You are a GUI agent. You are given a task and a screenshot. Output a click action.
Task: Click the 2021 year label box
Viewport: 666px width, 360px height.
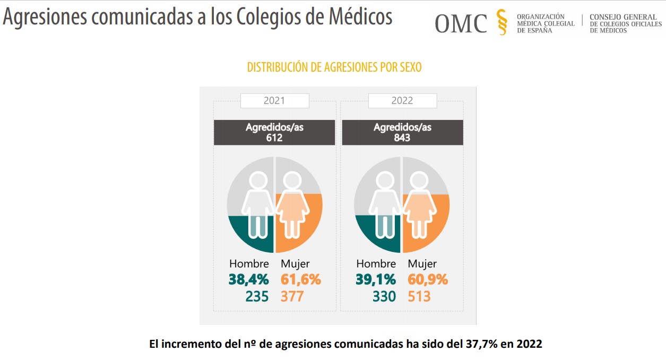coord(274,100)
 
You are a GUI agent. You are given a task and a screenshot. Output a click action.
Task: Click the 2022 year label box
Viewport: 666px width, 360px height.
coord(402,100)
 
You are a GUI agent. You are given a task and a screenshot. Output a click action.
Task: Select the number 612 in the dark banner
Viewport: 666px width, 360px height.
coord(274,138)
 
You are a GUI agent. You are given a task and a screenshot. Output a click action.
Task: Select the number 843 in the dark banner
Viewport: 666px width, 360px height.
coord(402,138)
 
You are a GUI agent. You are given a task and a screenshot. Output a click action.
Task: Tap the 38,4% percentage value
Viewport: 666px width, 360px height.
coord(248,279)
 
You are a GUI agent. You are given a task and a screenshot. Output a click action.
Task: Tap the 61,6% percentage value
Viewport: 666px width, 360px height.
coord(300,279)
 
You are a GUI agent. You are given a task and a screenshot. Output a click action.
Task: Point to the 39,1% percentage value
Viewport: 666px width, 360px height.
coord(376,279)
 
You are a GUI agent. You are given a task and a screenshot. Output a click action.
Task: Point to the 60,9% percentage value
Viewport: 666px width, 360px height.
coord(428,279)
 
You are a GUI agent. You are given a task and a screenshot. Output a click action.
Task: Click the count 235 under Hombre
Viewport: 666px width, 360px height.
coord(257,296)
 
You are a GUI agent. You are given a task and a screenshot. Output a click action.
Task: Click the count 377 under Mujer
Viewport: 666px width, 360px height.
coord(292,296)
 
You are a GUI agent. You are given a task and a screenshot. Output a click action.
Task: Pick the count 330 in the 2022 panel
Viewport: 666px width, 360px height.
coord(384,296)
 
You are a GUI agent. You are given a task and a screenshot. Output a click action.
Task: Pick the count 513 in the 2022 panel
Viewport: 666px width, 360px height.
coord(419,296)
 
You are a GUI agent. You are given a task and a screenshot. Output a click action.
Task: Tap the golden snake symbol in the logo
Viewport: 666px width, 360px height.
coord(501,22)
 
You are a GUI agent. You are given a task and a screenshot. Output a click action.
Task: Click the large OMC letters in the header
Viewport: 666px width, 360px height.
coord(461,23)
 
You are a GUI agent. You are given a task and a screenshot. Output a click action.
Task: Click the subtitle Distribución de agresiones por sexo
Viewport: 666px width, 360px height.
coord(334,67)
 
